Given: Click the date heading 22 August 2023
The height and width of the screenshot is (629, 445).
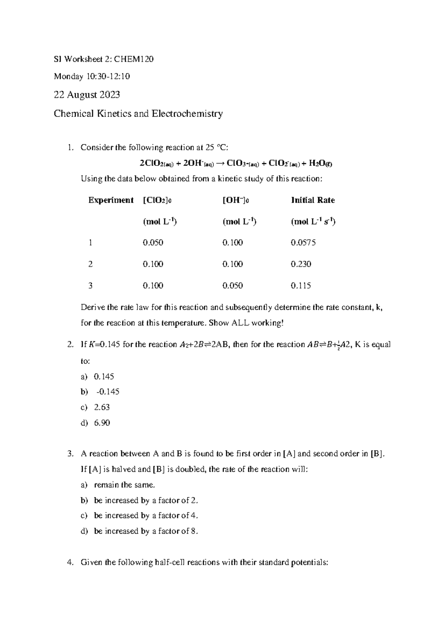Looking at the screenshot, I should pyautogui.click(x=87, y=95).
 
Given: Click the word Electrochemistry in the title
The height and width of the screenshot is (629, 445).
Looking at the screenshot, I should pyautogui.click(x=187, y=113).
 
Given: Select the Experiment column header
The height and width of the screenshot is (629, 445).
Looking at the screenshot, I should pyautogui.click(x=111, y=200).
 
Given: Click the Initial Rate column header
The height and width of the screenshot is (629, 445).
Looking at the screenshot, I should pyautogui.click(x=313, y=200).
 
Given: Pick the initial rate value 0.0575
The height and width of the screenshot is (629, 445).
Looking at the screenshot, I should pyautogui.click(x=303, y=243).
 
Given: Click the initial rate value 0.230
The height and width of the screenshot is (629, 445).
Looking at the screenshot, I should pyautogui.click(x=301, y=264).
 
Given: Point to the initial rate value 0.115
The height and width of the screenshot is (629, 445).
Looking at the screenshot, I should pyautogui.click(x=301, y=286).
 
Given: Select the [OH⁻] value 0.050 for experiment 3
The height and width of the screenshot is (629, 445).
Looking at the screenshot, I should pyautogui.click(x=233, y=286).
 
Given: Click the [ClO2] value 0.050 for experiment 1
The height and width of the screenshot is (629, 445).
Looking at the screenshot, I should pyautogui.click(x=153, y=243).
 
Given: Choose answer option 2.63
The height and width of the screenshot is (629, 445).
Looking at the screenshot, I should pyautogui.click(x=102, y=407).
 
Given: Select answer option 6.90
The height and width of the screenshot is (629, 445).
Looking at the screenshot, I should pyautogui.click(x=102, y=423).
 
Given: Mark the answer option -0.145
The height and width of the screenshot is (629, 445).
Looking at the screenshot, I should pyautogui.click(x=108, y=392).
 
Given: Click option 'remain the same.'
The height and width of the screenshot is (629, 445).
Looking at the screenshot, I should pyautogui.click(x=125, y=485).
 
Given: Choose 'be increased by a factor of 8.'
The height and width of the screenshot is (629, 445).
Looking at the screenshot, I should pyautogui.click(x=146, y=531).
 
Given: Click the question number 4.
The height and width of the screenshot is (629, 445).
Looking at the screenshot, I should pyautogui.click(x=70, y=563).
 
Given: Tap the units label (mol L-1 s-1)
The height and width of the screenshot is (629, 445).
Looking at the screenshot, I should pyautogui.click(x=313, y=222).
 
